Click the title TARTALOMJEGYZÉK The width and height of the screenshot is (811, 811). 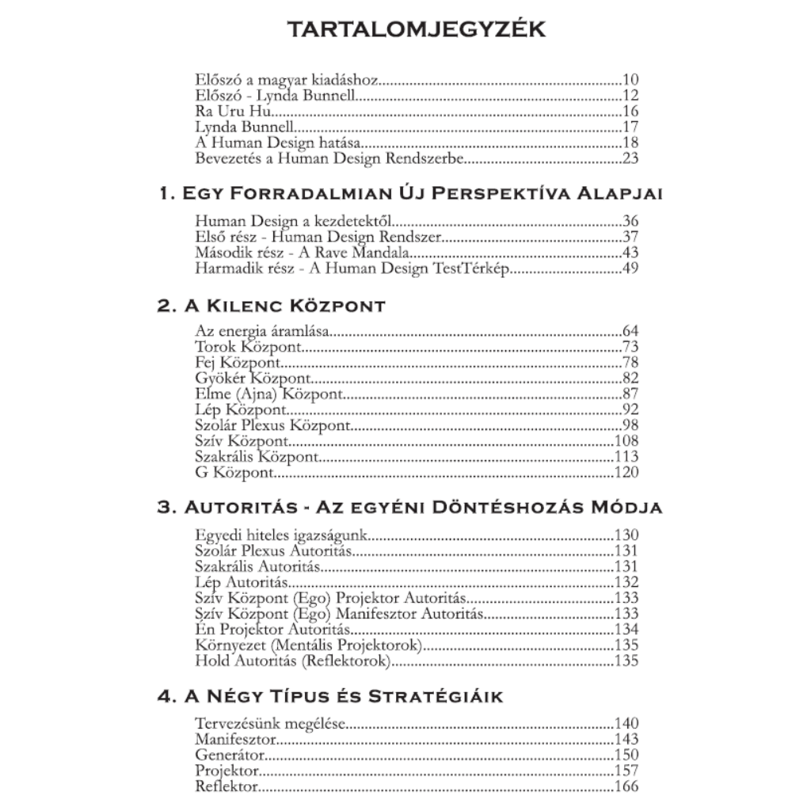pos(405,29)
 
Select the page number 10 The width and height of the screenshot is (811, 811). pos(630,79)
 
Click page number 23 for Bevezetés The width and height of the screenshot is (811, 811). pos(630,158)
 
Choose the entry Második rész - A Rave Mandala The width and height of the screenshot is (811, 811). pos(302,253)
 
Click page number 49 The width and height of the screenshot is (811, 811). pos(630,269)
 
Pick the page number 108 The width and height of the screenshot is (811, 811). pos(626,441)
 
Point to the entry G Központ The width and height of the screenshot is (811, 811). pos(234,473)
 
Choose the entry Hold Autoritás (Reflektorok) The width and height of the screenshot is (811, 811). pos(293,661)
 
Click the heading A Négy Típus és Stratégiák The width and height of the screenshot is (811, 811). pos(330,697)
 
